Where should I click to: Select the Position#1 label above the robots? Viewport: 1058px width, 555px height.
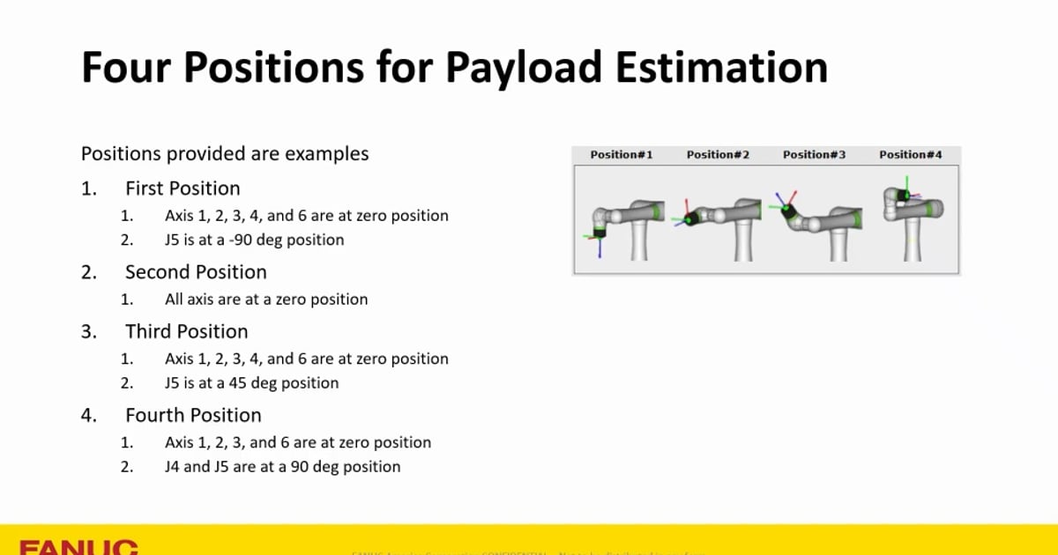click(x=622, y=154)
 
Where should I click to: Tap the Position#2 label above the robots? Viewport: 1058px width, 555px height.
click(x=718, y=154)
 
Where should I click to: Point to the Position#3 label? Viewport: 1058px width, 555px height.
click(x=814, y=154)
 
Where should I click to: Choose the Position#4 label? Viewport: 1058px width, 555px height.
click(x=910, y=154)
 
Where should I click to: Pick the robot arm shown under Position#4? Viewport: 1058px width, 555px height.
click(x=913, y=216)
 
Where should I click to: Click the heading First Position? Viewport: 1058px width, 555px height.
click(x=183, y=189)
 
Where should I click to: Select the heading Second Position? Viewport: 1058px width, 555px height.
click(x=196, y=272)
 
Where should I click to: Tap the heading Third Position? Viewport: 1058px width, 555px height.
click(x=187, y=332)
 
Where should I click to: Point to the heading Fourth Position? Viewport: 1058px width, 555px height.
click(x=193, y=416)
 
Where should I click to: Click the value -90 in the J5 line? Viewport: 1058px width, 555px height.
click(x=237, y=240)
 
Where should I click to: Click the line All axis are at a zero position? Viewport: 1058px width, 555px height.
click(x=266, y=300)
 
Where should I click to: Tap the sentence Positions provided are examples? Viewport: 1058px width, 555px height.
click(x=225, y=154)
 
